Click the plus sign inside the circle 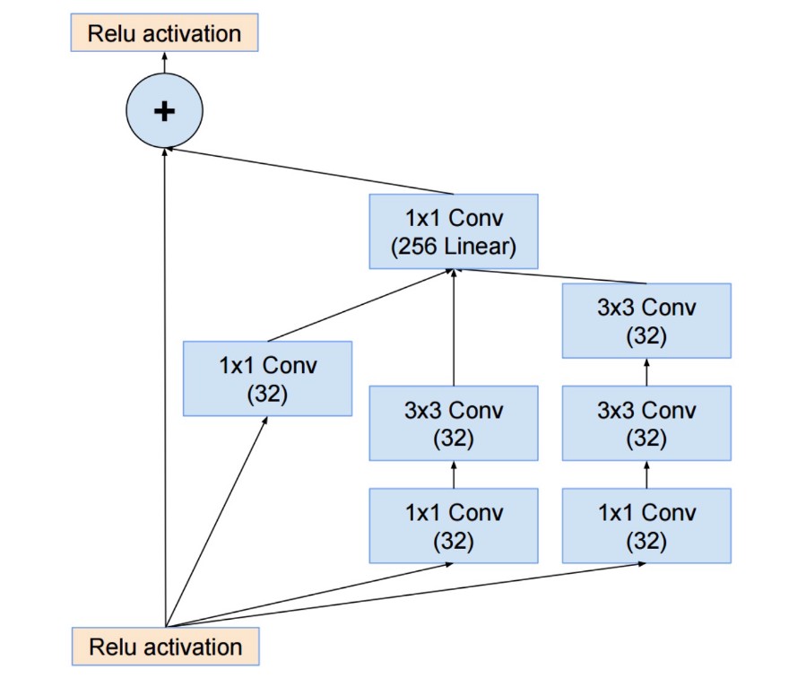[164, 110]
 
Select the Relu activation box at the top [164, 34]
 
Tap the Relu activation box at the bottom [165, 646]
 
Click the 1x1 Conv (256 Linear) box [454, 231]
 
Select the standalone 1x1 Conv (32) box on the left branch [267, 378]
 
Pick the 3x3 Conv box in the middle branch [454, 423]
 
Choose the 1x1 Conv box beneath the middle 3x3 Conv [454, 526]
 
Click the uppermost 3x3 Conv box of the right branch [646, 320]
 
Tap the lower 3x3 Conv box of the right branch [646, 423]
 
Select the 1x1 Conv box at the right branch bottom [646, 526]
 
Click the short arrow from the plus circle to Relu [164, 63]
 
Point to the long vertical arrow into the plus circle [165, 386]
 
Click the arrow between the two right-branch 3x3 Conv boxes [646, 372]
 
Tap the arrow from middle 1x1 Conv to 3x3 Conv [454, 475]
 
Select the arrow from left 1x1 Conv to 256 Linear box [359, 305]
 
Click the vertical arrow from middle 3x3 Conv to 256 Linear [454, 327]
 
